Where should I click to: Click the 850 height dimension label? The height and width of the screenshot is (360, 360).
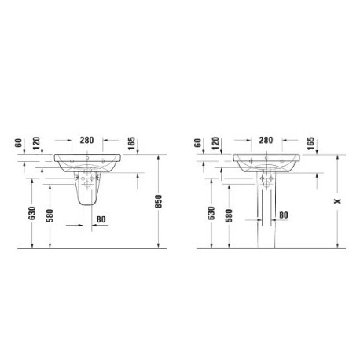pos(159,201)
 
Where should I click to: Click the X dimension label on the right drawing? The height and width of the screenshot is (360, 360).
pos(337,201)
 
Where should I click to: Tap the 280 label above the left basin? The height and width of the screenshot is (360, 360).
pos(86,140)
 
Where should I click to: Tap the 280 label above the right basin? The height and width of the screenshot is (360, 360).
pos(266,140)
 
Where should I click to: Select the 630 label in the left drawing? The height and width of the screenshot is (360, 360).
pos(31,213)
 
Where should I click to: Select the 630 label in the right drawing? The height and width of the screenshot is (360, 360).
pos(211,213)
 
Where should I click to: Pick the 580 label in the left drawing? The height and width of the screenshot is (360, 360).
pos(50,215)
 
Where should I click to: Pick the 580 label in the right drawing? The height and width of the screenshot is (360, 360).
pos(229,215)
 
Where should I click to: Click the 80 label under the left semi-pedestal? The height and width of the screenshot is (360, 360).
pos(101,219)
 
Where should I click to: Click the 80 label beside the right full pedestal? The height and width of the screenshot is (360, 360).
pos(284,215)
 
